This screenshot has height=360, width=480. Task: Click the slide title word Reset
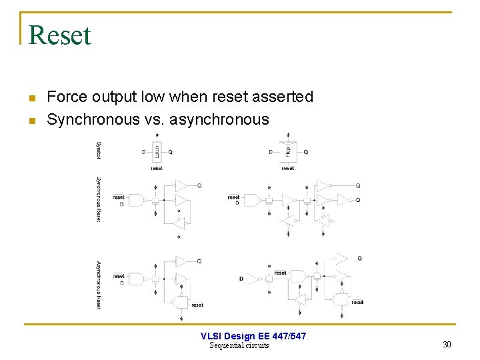[60, 35]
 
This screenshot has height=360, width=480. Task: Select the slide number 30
[447, 345]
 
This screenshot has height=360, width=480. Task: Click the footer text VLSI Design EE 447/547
[253, 336]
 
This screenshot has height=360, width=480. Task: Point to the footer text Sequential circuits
[239, 345]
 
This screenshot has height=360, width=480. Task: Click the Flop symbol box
[288, 151]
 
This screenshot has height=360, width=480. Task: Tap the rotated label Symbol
[99, 150]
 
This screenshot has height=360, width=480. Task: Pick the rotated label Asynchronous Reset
[99, 285]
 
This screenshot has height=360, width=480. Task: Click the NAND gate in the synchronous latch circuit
[136, 199]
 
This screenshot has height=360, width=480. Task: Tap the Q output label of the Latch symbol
[171, 152]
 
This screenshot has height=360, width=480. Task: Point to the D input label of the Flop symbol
[271, 152]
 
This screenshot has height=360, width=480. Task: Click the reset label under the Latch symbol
[157, 168]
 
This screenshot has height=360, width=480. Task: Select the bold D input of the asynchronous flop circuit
[241, 279]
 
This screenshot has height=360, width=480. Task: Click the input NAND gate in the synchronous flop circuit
[251, 199]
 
